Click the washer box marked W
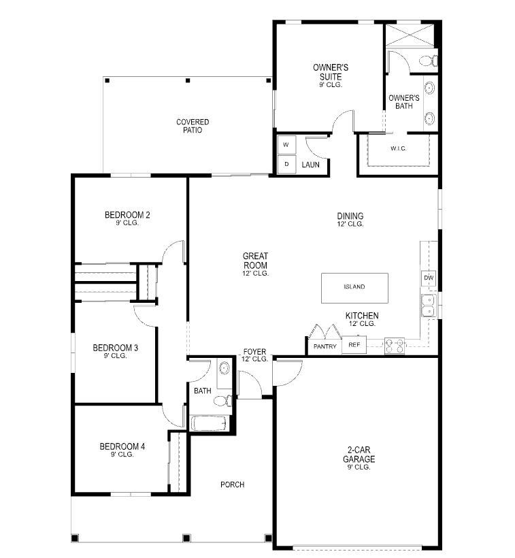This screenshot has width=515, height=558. pyautogui.click(x=286, y=145)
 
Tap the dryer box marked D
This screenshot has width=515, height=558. pyautogui.click(x=286, y=165)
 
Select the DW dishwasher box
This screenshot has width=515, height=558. pyautogui.click(x=429, y=278)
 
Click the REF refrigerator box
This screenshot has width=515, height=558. pyautogui.click(x=354, y=345)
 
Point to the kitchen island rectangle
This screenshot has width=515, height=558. pyautogui.click(x=354, y=289)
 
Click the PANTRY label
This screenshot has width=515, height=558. pyautogui.click(x=325, y=346)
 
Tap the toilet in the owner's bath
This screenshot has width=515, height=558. pyautogui.click(x=429, y=61)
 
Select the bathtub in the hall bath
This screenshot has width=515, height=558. pyautogui.click(x=208, y=423)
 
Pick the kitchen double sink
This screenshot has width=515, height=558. pyautogui.click(x=429, y=306)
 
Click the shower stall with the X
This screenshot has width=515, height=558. pyautogui.click(x=410, y=35)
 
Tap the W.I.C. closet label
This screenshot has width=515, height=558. pyautogui.click(x=399, y=148)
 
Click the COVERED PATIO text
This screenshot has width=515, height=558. pyautogui.click(x=193, y=126)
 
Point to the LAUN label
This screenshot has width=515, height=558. pyautogui.click(x=310, y=165)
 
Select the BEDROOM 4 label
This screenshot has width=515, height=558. pyautogui.click(x=122, y=446)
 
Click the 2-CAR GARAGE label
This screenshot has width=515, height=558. pyautogui.click(x=359, y=455)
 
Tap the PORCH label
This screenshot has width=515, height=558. pyautogui.click(x=232, y=485)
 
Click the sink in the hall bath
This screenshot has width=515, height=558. pyautogui.click(x=224, y=368)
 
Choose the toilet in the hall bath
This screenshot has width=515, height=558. pyautogui.click(x=223, y=401)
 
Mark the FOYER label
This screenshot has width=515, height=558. pyautogui.click(x=254, y=352)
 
